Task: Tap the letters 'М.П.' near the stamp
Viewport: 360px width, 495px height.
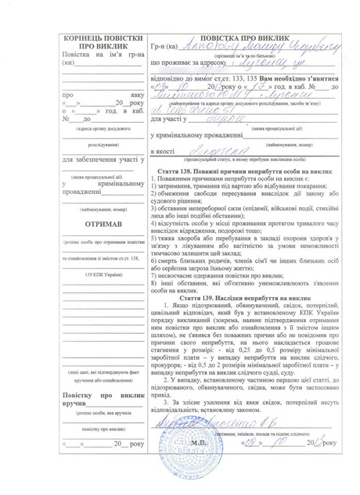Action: click(198, 442)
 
